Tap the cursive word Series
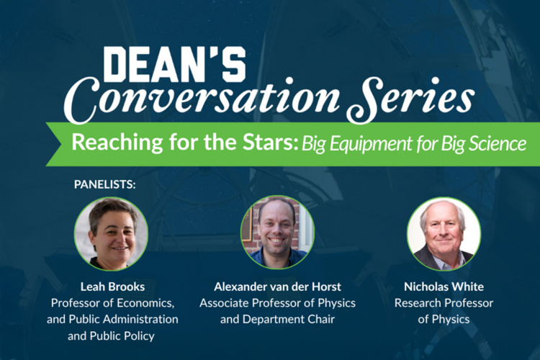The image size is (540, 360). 410,99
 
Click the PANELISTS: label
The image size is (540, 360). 104,184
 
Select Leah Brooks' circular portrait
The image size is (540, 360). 111,233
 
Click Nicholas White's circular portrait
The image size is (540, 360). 444,233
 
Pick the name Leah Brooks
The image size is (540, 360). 112,287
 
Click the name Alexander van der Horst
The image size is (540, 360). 277,287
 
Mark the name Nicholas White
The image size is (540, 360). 444,287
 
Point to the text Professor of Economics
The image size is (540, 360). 112,302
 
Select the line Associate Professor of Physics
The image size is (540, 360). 277,302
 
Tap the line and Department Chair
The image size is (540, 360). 277,318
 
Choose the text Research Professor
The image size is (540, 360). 444,302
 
